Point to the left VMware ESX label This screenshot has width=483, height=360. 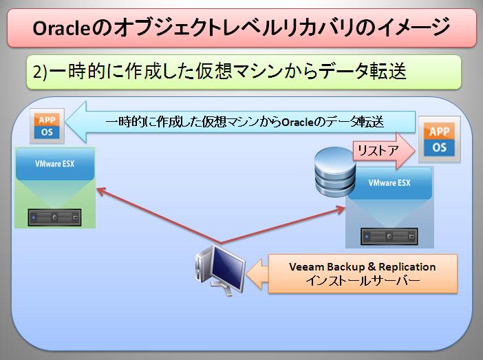pos(55,165)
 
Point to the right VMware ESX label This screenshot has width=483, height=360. pos(390,184)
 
